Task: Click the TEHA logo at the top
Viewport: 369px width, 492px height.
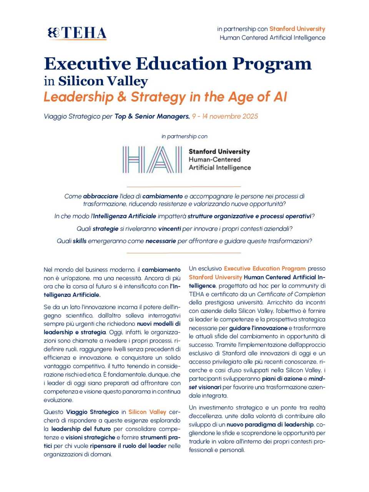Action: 77,33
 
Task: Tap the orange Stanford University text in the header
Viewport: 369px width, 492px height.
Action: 297,29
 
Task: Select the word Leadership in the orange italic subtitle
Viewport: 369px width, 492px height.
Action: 78,97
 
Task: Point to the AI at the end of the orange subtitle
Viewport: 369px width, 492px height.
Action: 280,97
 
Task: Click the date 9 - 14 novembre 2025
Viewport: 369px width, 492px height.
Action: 225,116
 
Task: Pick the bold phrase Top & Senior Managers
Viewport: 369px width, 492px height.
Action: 152,116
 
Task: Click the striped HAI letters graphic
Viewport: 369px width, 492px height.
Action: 152,160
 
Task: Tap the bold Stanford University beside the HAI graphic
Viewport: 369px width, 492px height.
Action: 219,151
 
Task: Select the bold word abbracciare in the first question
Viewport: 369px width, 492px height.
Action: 100,196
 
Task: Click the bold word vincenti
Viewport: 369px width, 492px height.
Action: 169,229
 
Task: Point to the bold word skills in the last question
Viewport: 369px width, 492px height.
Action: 80,241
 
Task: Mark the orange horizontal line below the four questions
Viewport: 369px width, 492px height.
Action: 184,253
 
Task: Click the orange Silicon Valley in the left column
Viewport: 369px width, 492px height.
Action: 147,412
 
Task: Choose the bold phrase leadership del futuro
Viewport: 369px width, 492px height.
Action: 81,429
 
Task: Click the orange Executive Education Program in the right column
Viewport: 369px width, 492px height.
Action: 264,269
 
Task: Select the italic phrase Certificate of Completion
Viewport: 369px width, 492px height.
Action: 291,294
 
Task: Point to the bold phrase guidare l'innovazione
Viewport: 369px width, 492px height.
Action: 258,328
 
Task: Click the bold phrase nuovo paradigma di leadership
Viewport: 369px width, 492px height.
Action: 270,425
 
